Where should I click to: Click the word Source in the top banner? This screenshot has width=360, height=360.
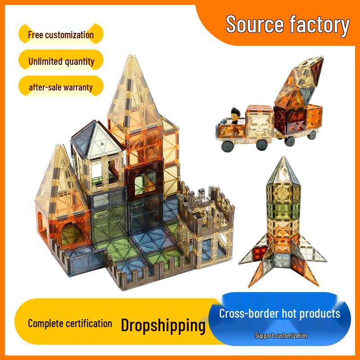(255, 24)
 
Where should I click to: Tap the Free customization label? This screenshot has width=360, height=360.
(61, 35)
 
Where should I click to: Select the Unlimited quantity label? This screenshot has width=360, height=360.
(61, 61)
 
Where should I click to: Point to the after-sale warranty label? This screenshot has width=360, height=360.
(61, 87)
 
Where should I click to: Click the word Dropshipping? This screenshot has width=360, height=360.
(163, 325)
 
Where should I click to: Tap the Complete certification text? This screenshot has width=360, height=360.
(70, 324)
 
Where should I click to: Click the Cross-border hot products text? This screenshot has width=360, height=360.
(279, 313)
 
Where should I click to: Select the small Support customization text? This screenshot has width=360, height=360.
(281, 336)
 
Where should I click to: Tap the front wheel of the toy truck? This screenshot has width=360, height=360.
(227, 145)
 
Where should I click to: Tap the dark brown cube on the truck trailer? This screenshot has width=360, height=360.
(290, 121)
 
